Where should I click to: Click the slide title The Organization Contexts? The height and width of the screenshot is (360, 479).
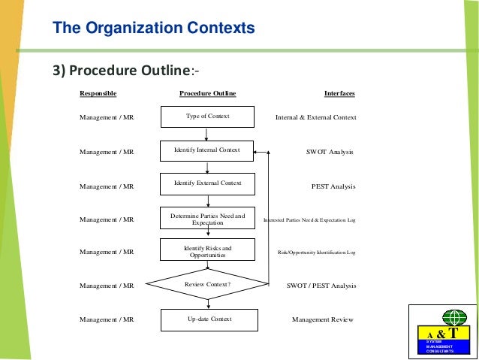click(153, 29)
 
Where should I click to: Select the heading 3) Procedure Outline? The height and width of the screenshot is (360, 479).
click(125, 71)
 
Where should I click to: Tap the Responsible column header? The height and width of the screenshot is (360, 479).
click(98, 93)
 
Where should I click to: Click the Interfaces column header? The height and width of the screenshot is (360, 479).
click(339, 93)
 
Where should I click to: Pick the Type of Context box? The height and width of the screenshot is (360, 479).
click(207, 116)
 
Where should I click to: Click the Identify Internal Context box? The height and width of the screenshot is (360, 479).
click(207, 150)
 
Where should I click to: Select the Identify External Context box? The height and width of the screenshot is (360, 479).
click(207, 183)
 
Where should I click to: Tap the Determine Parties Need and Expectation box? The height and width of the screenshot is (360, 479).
click(207, 219)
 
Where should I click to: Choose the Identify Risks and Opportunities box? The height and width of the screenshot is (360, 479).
click(207, 251)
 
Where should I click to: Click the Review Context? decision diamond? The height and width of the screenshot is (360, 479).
click(207, 285)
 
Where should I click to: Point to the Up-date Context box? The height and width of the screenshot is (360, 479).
click(209, 319)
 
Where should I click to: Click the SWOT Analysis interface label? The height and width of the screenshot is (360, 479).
click(330, 152)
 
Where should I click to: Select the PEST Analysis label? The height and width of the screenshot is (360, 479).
click(333, 186)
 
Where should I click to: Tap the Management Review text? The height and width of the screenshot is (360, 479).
click(322, 319)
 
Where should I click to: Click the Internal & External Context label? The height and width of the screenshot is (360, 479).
click(316, 117)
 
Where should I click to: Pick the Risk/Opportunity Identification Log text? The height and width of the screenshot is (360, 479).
click(317, 253)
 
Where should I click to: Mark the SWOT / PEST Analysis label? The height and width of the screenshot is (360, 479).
click(321, 286)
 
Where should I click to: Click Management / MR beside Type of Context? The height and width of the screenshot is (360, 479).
click(107, 117)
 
